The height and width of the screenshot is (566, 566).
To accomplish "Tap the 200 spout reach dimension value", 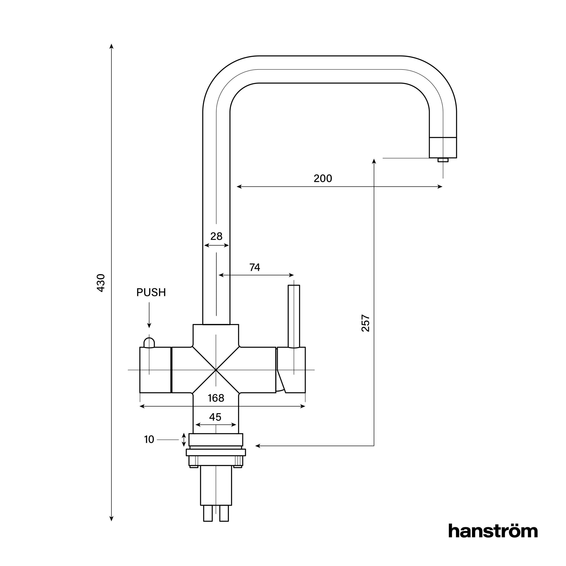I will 323,178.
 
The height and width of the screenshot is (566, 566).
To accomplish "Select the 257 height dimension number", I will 365,323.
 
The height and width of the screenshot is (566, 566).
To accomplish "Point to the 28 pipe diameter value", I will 216,236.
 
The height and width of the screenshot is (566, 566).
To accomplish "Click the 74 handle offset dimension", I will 254,267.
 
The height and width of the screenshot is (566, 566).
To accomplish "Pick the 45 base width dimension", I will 215,417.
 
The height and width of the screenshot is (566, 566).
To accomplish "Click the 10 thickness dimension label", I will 149,440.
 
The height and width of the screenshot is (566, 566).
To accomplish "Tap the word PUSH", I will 151,292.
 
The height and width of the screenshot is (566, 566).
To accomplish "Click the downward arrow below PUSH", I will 149,316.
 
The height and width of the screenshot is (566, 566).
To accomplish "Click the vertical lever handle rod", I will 294,316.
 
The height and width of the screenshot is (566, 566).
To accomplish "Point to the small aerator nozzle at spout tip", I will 443,160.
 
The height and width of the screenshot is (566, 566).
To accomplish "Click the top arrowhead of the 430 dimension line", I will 111,46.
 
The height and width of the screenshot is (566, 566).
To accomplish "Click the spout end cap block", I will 443,147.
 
